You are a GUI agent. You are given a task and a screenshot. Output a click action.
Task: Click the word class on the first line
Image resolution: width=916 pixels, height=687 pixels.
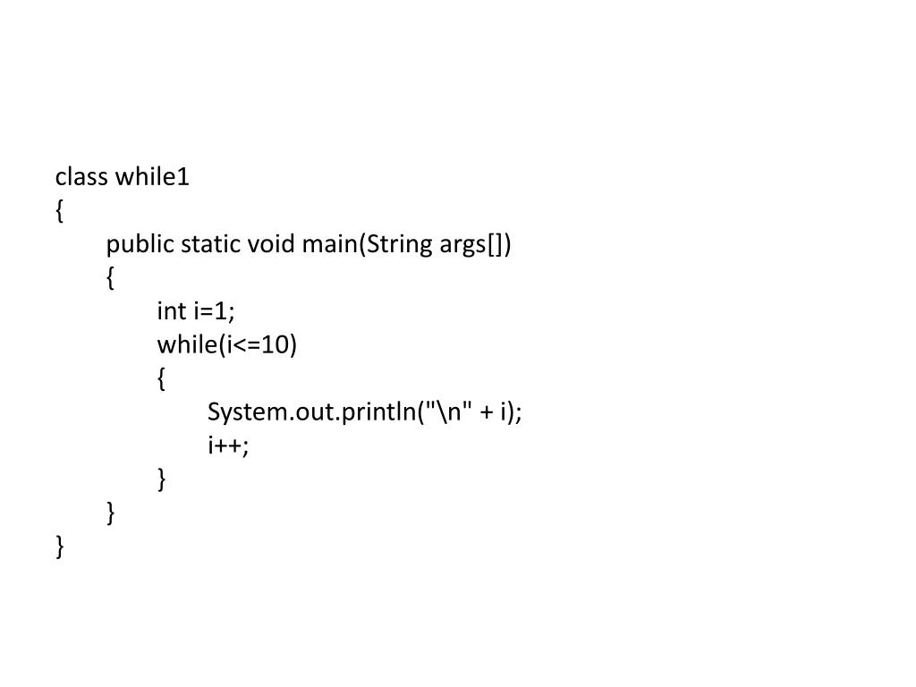pos(82,177)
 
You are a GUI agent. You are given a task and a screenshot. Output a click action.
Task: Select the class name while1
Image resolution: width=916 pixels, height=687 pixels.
pos(152,177)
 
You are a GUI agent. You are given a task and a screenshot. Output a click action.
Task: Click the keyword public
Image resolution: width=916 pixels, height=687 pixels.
pos(140,244)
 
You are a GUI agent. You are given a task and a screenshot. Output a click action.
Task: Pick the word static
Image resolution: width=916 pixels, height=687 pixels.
pos(211,244)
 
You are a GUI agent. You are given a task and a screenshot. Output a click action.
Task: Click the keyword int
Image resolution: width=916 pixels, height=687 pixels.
pos(171,311)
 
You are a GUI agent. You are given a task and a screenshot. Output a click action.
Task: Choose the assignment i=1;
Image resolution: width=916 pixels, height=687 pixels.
pos(214,311)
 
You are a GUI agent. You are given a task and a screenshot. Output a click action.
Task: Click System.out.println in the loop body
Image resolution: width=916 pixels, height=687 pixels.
pos(314,412)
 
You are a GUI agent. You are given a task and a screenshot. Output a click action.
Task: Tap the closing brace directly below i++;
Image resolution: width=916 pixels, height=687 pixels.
pos(162,479)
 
